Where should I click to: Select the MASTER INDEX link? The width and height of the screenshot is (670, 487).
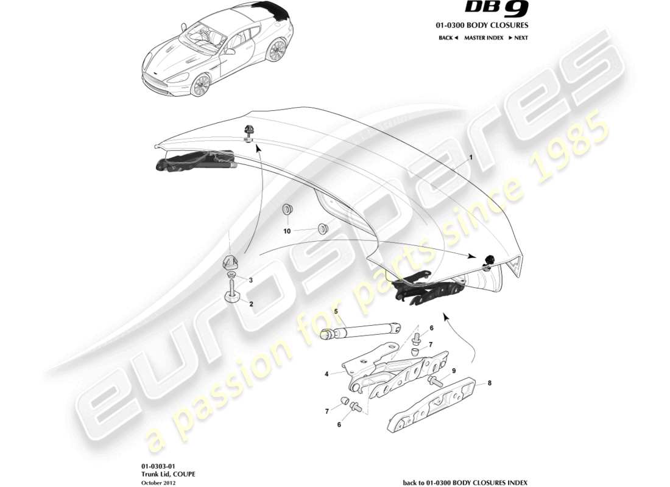[484, 38]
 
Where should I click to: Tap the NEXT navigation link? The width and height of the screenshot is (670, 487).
[518, 38]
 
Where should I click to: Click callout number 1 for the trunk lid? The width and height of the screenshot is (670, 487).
[471, 157]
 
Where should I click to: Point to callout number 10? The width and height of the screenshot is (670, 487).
[287, 231]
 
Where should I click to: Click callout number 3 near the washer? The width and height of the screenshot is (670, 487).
[250, 280]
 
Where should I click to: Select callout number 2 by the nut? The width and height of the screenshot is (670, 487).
[250, 303]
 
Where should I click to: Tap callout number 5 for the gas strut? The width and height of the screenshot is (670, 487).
[335, 312]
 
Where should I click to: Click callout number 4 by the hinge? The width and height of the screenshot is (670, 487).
[326, 374]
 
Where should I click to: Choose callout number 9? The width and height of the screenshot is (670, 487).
[453, 371]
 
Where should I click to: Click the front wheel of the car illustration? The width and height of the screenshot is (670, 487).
[200, 85]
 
